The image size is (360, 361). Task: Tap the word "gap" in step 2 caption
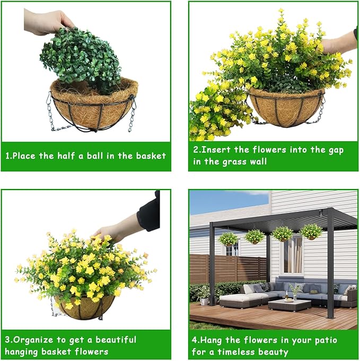(x=336, y=150)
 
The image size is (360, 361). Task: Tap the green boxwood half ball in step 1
(x=81, y=60)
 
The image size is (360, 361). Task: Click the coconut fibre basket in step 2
(x=286, y=107)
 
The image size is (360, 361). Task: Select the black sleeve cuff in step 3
(x=149, y=213)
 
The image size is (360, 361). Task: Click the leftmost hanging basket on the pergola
(x=228, y=239)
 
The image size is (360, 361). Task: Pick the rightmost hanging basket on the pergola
(x=311, y=232)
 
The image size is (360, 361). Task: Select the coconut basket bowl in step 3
(x=85, y=307)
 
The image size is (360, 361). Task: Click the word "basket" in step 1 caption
(x=151, y=156)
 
